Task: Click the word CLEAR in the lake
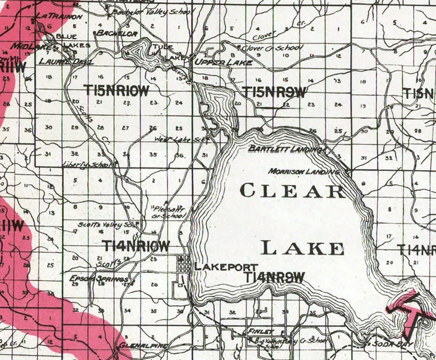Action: tap(292, 191)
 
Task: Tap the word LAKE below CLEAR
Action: tap(303, 248)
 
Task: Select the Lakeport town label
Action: tap(219, 266)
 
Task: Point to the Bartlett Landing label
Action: tap(285, 149)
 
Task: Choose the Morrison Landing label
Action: tap(303, 172)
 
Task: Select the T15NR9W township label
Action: tap(273, 92)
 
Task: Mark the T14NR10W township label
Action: tap(136, 246)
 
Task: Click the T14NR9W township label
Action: tap(274, 278)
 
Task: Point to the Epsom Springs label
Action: tap(91, 278)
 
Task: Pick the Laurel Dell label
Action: tap(59, 61)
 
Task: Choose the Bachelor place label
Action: tap(116, 34)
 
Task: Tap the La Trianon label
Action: tap(59, 16)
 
